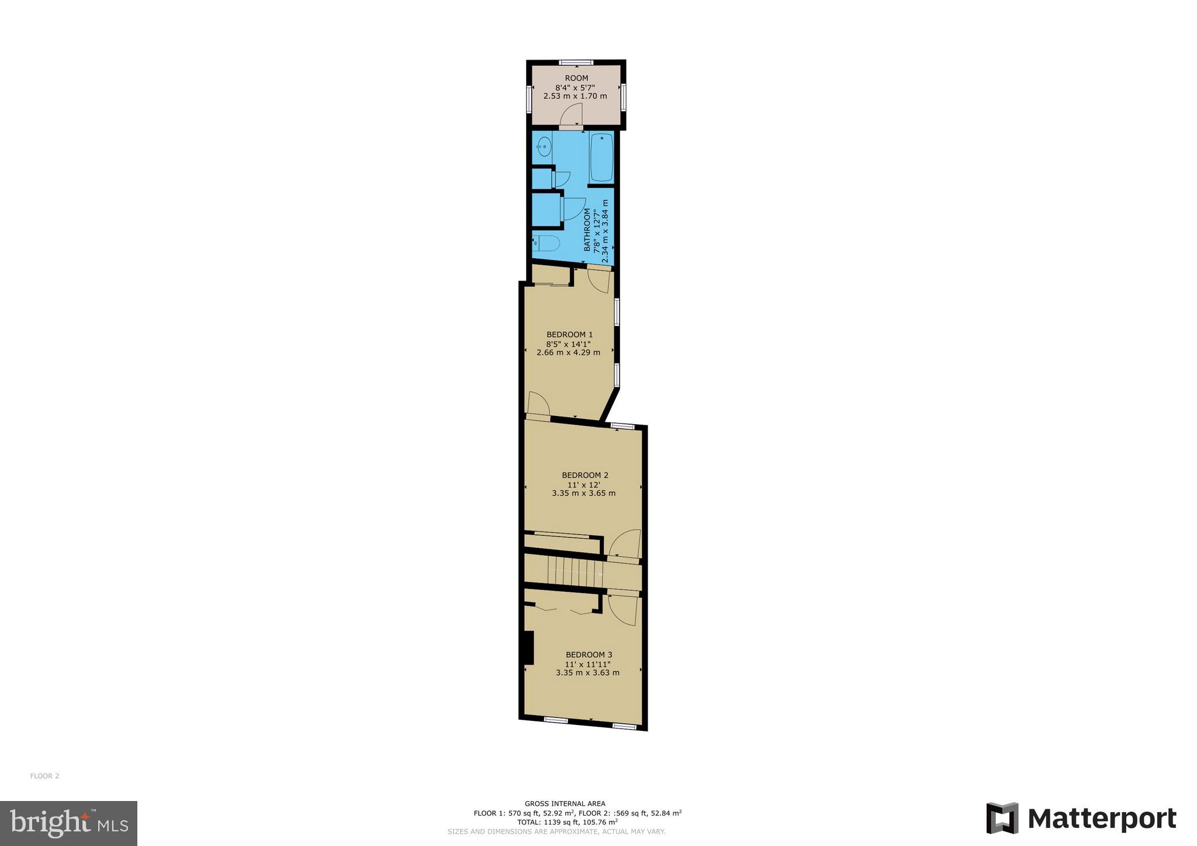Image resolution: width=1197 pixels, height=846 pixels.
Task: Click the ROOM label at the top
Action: (576, 78)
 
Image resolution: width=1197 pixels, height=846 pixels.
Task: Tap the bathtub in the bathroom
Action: (601, 157)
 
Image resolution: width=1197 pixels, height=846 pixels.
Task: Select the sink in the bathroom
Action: (544, 146)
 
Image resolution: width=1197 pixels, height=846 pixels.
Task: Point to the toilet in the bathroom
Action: (546, 242)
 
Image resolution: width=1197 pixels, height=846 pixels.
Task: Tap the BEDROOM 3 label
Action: (589, 655)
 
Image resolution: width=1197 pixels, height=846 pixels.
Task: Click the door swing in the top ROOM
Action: (571, 115)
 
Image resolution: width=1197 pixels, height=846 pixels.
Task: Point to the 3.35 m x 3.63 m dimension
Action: (587, 672)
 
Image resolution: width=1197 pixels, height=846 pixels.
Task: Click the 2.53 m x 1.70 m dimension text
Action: (575, 96)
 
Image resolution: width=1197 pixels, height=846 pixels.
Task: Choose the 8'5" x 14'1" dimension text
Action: (569, 344)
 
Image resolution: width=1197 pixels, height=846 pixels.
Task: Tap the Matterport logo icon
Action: (1002, 818)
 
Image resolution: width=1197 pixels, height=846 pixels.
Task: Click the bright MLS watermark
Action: (68, 823)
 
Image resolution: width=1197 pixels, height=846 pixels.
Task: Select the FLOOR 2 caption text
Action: (44, 776)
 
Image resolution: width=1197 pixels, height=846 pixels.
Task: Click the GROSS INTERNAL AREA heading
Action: (565, 803)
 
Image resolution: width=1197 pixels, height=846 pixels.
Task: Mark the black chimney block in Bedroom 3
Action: (528, 647)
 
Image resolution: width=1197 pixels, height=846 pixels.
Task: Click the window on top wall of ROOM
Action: (576, 63)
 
